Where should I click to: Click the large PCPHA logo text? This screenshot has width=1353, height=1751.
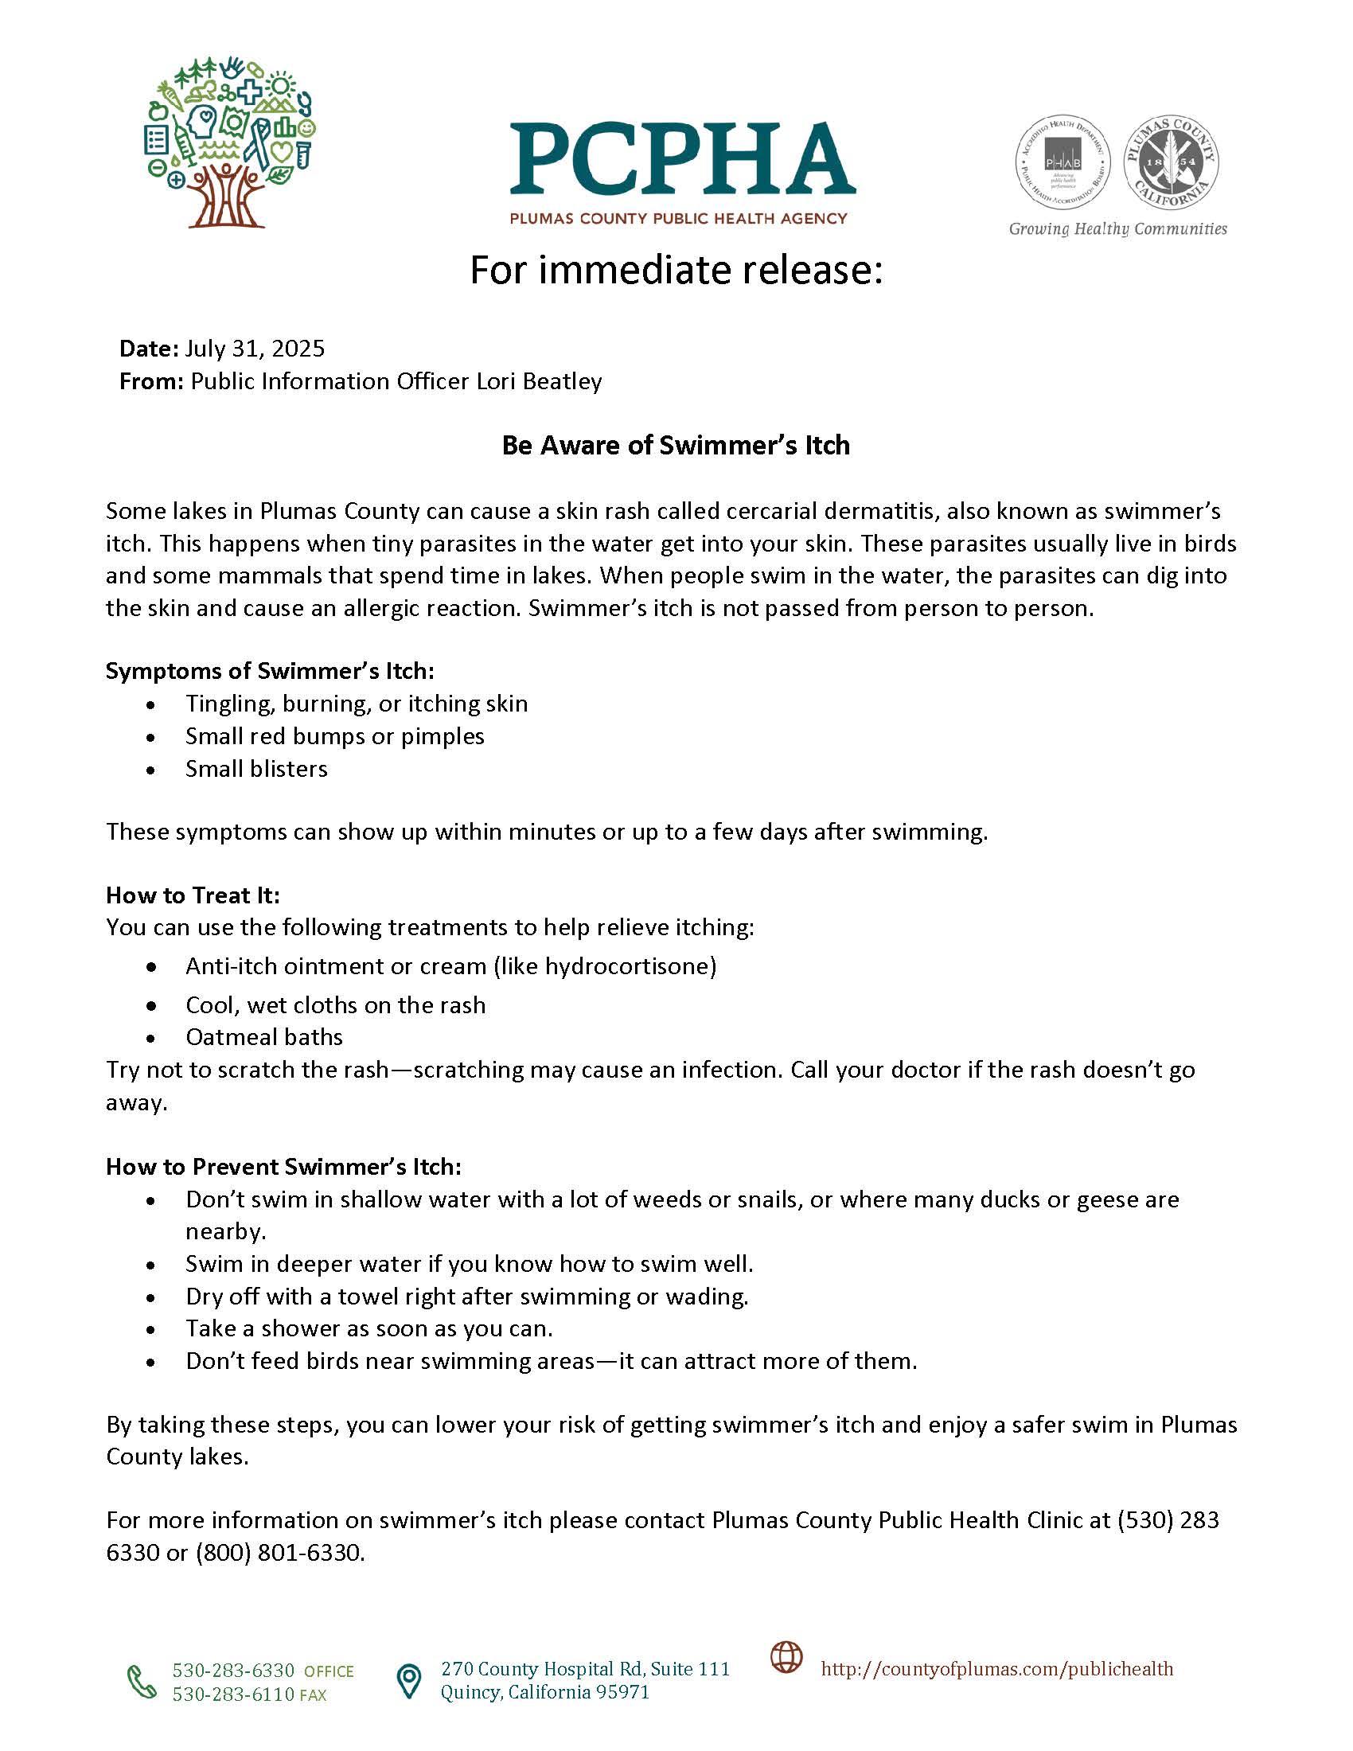682,158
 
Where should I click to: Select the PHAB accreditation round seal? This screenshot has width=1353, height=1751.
1063,162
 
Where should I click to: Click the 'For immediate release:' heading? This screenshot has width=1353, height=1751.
676,270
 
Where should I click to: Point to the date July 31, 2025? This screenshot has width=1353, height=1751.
255,349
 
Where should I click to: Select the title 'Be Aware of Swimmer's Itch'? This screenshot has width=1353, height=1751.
676,446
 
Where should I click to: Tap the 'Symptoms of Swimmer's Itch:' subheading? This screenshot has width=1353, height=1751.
269,671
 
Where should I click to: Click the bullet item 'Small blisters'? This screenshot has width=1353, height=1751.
256,769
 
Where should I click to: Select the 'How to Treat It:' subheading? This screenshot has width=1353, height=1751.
193,895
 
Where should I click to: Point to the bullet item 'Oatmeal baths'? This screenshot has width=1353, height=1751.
263,1037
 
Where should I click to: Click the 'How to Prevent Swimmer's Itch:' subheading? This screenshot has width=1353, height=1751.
283,1167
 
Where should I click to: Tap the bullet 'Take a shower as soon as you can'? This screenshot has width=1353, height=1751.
368,1328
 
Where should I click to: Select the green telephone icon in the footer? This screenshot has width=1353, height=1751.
142,1682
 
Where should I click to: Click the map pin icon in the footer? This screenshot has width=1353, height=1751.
409,1681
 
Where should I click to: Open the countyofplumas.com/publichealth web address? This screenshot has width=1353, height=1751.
996,1669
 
